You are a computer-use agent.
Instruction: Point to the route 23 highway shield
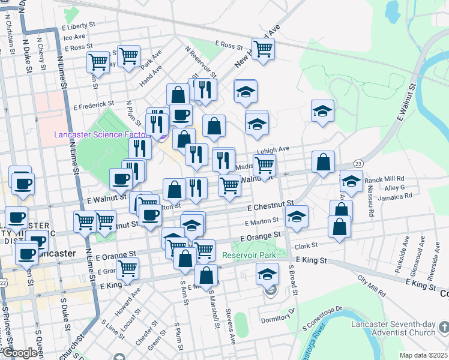[x=358, y=163]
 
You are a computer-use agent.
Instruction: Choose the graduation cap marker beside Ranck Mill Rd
[x=351, y=181]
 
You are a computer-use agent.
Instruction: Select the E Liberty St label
[x=79, y=27]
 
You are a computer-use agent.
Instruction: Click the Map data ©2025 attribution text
[x=423, y=355]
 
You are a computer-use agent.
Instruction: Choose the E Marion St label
[x=262, y=221]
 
